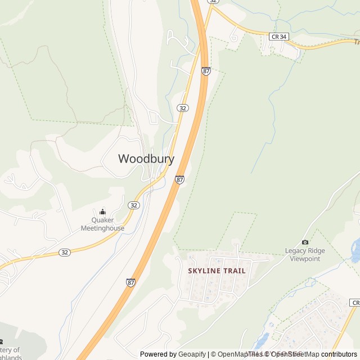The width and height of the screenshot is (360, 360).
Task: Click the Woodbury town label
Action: coord(146,159)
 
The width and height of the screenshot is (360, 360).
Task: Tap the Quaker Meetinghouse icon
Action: coord(102,211)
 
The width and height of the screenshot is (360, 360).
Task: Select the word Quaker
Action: coord(102,220)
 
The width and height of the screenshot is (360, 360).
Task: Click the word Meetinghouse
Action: coord(102,228)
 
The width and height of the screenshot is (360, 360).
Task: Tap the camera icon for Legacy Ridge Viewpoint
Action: coord(305,242)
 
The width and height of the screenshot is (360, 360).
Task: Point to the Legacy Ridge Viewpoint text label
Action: coord(305,255)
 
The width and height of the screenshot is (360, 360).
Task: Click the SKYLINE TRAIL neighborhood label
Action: coord(217,271)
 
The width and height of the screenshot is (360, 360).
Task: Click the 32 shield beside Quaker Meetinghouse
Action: coord(133,205)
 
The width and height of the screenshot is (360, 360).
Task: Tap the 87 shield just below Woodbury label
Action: coord(179,179)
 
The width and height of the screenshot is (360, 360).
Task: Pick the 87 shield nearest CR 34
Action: coord(206,71)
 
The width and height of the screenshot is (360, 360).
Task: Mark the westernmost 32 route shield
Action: coord(65,252)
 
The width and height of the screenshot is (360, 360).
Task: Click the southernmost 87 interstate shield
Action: coord(131,282)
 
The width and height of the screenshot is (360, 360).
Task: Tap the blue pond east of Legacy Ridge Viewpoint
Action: coord(355,247)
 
